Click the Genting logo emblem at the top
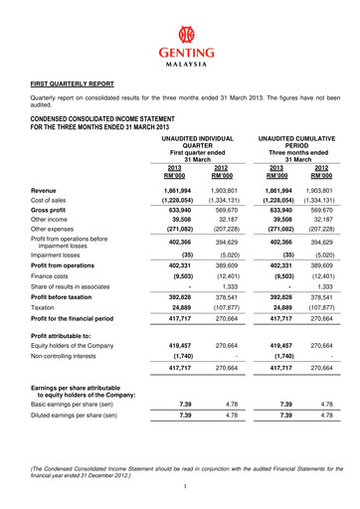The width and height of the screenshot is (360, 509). tap(180, 33)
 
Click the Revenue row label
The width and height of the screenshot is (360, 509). tap(45, 190)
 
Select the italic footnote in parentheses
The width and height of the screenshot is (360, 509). tap(180, 470)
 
